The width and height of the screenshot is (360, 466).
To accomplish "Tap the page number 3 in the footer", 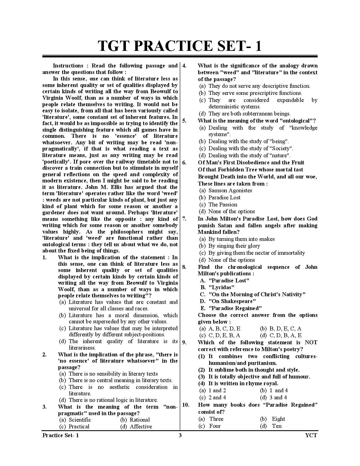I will pos(180,435).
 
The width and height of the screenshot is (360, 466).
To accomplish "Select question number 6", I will pos(184,162).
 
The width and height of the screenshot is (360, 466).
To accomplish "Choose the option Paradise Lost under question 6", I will pos(224,197).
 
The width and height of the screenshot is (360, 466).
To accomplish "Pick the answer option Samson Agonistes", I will pos(230,190).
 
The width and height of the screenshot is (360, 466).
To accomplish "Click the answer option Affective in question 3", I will pos(141,426).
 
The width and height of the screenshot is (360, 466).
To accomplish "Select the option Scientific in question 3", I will pos(80,420).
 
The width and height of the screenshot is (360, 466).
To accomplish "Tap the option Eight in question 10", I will pos(278,419).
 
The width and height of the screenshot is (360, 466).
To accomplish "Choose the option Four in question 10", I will pos(215,426).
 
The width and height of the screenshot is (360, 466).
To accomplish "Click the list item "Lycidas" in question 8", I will pos(221,288).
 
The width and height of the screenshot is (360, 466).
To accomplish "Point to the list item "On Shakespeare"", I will pos(232,301).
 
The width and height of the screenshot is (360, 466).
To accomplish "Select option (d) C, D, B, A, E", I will pos(285,336).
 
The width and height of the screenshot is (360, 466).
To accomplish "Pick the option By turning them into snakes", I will pos(241,239).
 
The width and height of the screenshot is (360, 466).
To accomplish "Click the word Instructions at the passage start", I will pos(68,66).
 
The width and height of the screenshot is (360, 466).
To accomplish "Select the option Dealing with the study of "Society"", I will pos(250,148).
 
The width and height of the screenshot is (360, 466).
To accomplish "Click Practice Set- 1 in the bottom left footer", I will pos(60,435).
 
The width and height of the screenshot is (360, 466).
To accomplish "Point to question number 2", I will pos(44,354).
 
